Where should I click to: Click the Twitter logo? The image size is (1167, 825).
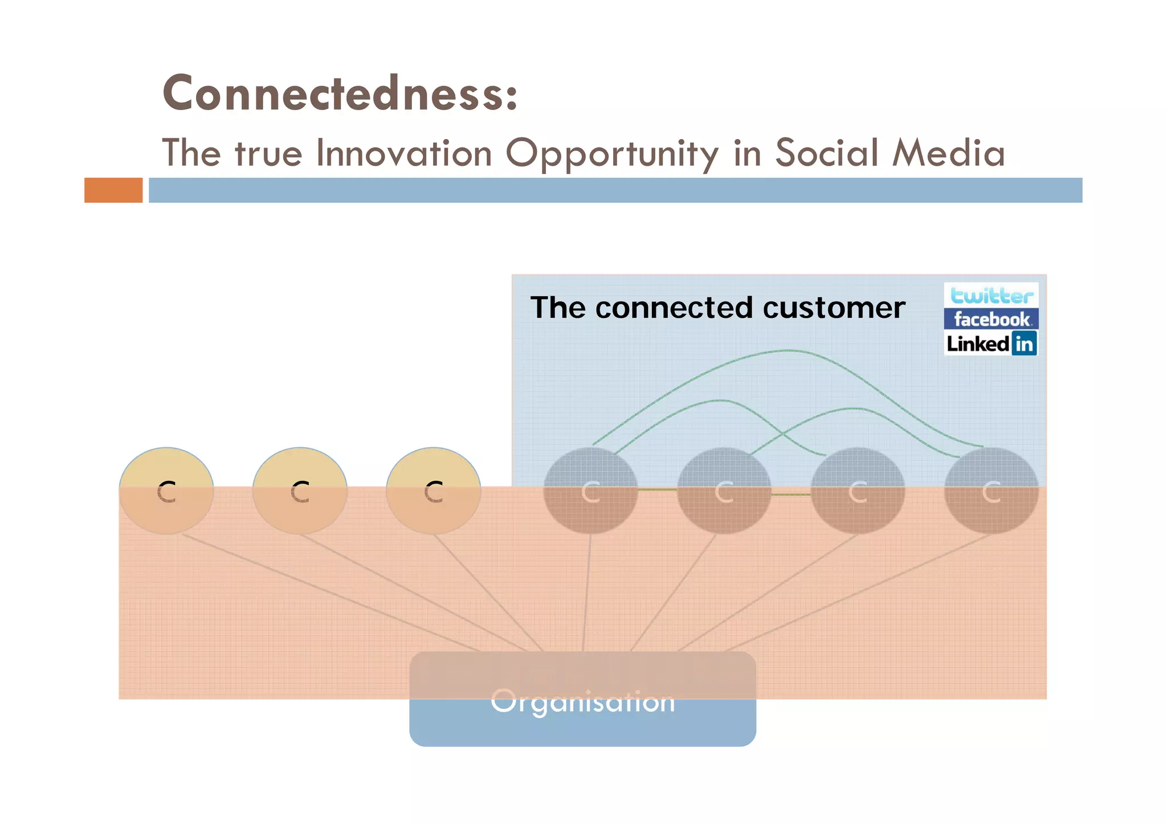point(991,296)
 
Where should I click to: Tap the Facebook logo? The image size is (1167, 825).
point(991,319)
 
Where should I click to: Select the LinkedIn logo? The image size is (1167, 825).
point(991,344)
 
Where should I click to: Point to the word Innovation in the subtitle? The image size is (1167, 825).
point(403,153)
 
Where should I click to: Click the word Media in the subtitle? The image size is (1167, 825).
point(948,153)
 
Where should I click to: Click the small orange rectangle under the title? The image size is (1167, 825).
point(113,190)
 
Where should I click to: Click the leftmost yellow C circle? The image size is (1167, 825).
point(166,491)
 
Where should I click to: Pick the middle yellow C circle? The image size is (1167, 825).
point(300,491)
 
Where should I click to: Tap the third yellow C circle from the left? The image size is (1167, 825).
point(434,491)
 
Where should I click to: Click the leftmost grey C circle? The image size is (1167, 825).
point(590,491)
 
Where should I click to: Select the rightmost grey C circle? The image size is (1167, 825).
point(991,491)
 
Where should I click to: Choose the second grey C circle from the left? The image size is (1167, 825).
point(724,491)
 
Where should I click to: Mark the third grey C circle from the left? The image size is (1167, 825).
point(858,491)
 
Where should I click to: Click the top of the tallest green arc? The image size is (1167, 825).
point(789,351)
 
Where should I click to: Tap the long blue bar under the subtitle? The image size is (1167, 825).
point(615,190)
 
